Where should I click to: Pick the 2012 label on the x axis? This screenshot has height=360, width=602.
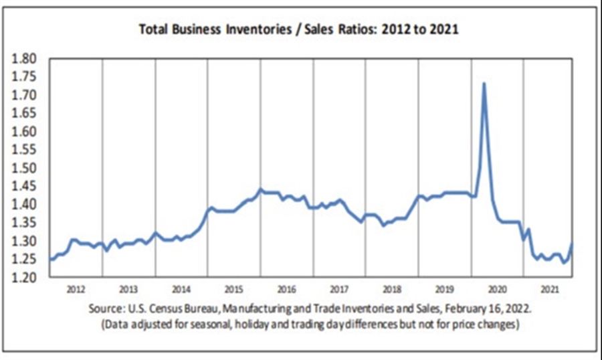[x=76, y=290]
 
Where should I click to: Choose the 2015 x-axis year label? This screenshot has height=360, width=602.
[x=233, y=290]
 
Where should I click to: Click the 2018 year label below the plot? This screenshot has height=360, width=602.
[x=392, y=290]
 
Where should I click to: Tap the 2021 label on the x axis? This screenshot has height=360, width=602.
[x=550, y=290]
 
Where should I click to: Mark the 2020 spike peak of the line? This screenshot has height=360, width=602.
[x=484, y=84]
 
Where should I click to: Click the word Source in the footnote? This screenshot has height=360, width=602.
[x=104, y=310]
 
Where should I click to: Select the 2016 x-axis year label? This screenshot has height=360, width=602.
[x=286, y=290]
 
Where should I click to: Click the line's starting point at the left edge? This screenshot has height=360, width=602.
[x=50, y=259]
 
